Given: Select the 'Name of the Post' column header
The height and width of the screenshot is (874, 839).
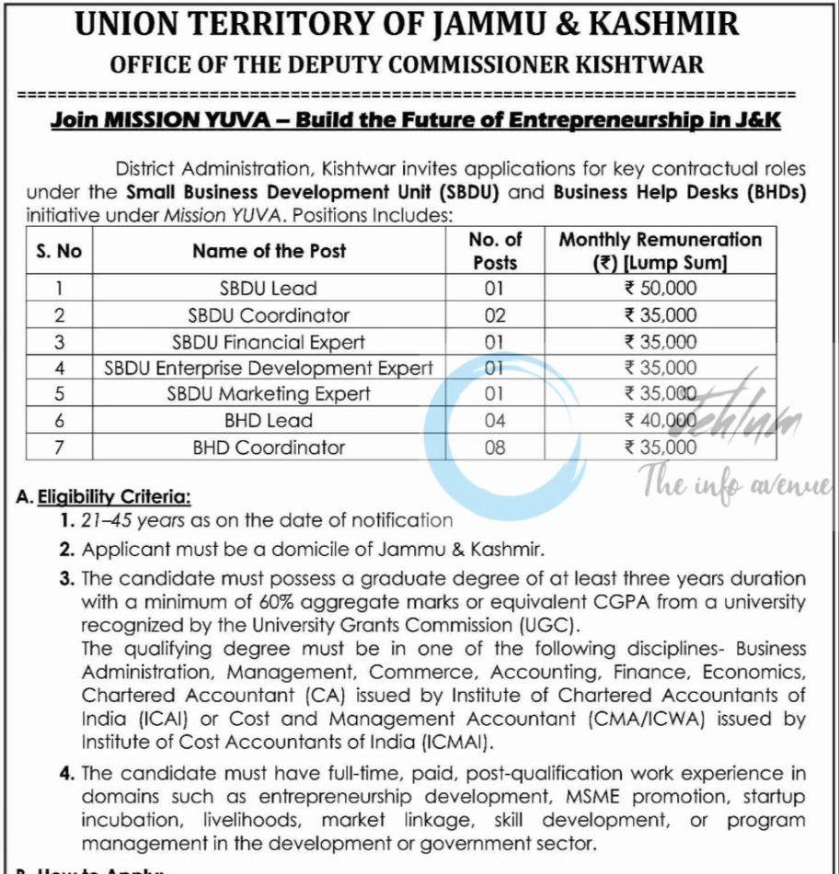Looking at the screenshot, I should pyautogui.click(x=269, y=251).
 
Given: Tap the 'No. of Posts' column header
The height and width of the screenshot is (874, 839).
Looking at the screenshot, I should pyautogui.click(x=495, y=251).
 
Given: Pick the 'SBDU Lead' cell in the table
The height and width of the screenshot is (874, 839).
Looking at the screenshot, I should pyautogui.click(x=269, y=289).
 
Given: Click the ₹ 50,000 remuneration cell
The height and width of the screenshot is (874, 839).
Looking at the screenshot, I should pyautogui.click(x=660, y=289).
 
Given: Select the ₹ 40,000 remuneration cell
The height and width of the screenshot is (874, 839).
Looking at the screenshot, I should pyautogui.click(x=660, y=421).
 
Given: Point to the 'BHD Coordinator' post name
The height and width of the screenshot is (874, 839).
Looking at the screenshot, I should pyautogui.click(x=269, y=448).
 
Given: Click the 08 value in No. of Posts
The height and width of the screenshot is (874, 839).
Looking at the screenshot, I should pyautogui.click(x=495, y=448).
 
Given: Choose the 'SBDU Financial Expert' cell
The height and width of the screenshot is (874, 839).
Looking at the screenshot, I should pyautogui.click(x=269, y=342).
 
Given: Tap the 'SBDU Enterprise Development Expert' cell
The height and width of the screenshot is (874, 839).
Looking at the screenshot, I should pyautogui.click(x=269, y=369).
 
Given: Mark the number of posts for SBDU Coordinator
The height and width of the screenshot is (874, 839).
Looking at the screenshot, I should pyautogui.click(x=495, y=315).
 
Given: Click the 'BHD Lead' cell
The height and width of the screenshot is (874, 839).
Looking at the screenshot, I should pyautogui.click(x=269, y=421).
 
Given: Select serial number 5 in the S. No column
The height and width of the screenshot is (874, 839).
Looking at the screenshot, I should pyautogui.click(x=59, y=394).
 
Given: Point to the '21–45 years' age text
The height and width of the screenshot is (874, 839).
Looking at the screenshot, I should pyautogui.click(x=133, y=521).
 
